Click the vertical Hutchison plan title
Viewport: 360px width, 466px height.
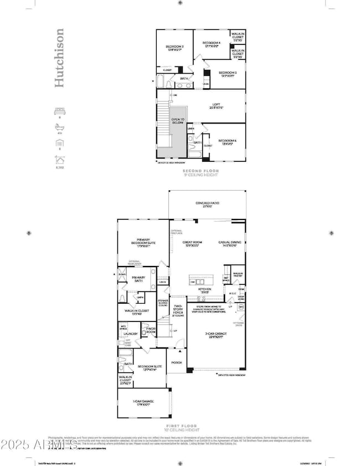coord(60,58)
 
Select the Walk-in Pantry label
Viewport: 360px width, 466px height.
coord(238,275)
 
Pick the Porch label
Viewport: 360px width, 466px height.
coord(177,363)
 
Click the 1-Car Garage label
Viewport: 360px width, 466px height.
coord(142,402)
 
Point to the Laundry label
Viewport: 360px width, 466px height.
coord(131,334)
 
